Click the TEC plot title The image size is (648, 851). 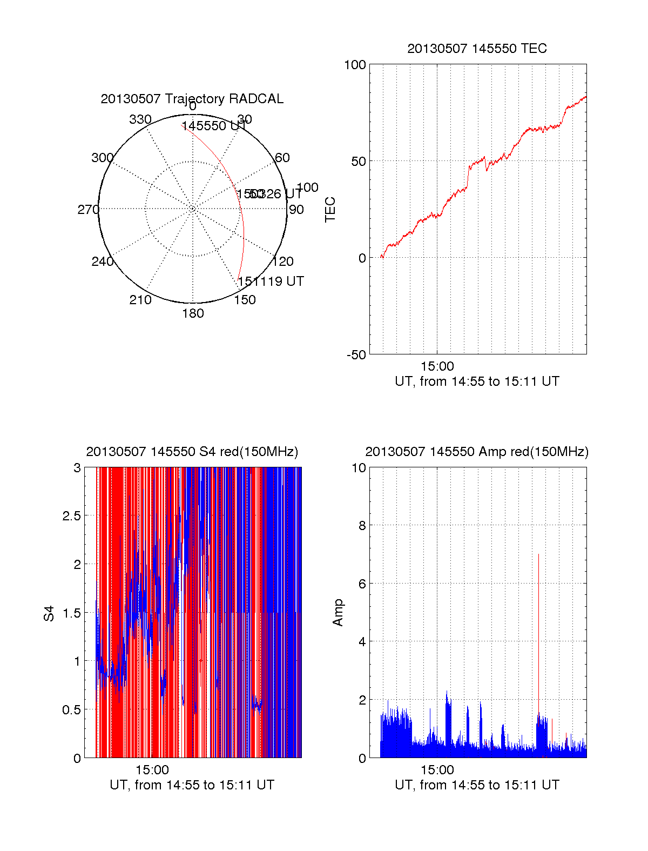[x=477, y=49]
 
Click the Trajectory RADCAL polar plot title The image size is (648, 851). [x=192, y=99]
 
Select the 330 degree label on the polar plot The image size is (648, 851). [x=140, y=119]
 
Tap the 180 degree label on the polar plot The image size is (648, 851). [x=193, y=313]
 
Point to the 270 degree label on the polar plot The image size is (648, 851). [x=88, y=210]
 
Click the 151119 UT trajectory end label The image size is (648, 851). [x=271, y=282]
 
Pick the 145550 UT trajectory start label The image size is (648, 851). [x=213, y=126]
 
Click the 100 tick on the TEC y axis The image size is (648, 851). [x=355, y=65]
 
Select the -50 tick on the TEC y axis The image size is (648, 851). [x=356, y=355]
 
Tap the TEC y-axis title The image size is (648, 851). [x=330, y=210]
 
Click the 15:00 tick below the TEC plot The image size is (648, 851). [x=437, y=366]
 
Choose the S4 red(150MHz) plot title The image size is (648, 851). [x=192, y=452]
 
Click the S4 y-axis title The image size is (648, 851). [x=49, y=613]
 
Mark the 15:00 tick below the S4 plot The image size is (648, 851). [x=152, y=770]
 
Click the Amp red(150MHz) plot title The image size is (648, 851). [x=477, y=452]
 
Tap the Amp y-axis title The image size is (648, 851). [x=338, y=613]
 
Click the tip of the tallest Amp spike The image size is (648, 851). [x=538, y=554]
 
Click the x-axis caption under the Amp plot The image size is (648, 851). [x=477, y=785]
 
